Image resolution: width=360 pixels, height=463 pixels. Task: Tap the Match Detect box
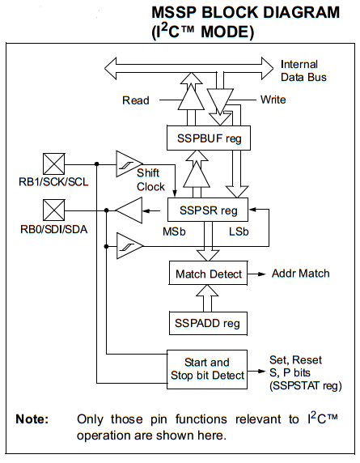click(208, 274)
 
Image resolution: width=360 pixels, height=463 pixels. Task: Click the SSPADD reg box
click(208, 323)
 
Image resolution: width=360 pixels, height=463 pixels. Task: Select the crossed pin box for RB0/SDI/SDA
click(53, 211)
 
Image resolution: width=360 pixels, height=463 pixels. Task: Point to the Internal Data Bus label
click(304, 70)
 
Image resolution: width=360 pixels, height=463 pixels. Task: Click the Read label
click(136, 100)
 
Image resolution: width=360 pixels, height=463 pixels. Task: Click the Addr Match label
click(300, 274)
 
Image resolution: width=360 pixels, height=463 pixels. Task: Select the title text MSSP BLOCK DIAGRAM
click(245, 14)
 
